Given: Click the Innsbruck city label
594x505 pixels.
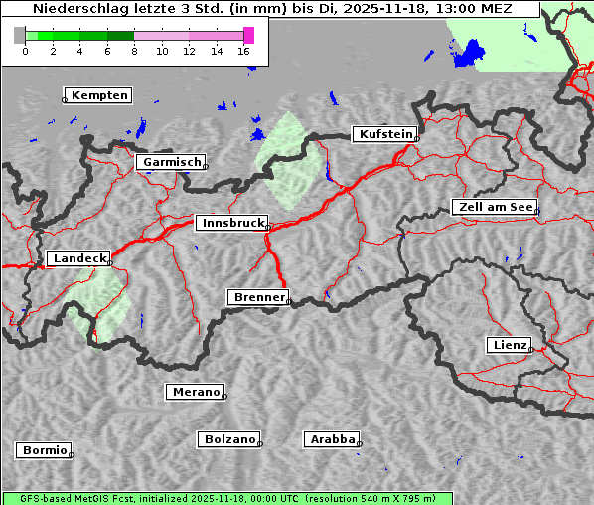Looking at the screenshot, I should click(x=230, y=223).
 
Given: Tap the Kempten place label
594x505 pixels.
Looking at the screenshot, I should click(x=99, y=95).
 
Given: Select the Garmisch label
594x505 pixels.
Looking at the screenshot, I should click(x=171, y=161).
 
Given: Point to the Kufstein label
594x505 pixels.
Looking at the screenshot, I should click(x=384, y=134).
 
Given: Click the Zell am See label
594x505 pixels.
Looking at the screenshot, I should click(x=495, y=207).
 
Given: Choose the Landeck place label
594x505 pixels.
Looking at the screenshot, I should click(x=78, y=258).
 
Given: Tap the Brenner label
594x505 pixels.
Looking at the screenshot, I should click(x=258, y=297).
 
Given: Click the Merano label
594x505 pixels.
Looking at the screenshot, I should click(x=195, y=392).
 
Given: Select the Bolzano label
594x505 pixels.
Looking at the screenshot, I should click(x=229, y=438).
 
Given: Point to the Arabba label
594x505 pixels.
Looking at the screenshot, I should click(x=332, y=438).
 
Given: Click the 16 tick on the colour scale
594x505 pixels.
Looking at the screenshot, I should click(x=244, y=51).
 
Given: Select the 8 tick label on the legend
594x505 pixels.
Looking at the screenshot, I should click(x=134, y=51).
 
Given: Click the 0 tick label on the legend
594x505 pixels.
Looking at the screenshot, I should click(x=25, y=51).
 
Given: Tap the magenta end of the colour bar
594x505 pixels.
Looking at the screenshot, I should click(x=248, y=35).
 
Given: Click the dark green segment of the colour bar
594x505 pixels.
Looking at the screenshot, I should click(x=120, y=35).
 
